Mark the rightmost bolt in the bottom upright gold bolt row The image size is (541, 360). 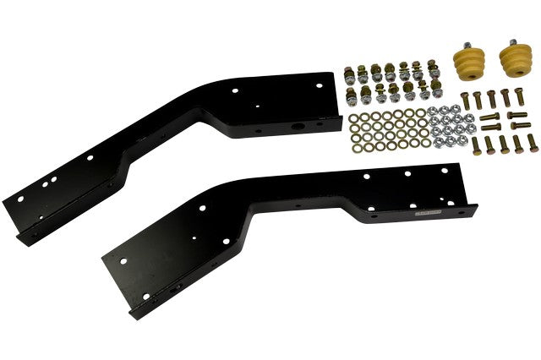529,140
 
